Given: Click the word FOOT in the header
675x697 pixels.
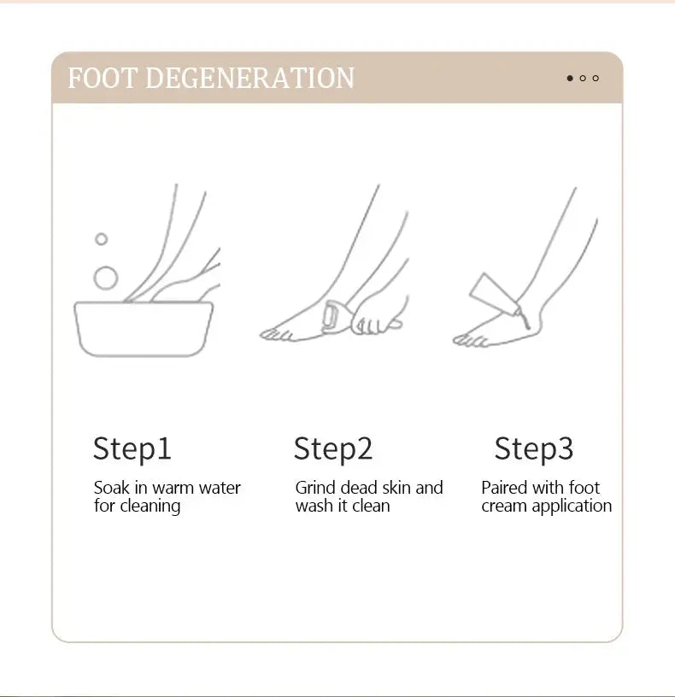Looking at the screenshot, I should pos(103,78).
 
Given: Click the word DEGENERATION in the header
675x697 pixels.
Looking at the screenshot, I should pos(249,78).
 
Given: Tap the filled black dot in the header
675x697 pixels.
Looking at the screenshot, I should pos(570,79).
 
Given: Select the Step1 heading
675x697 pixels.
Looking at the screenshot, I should pos(132,448).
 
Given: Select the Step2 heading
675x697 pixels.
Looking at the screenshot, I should pos(333,448).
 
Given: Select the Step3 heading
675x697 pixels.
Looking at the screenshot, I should pos(534,448).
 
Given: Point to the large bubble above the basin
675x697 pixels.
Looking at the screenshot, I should pos(106,278).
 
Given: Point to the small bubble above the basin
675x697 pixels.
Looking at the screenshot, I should pos(101,239).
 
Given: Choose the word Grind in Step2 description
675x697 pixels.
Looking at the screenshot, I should pos(315,488).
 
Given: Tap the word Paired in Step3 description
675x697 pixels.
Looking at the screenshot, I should pos(504,488).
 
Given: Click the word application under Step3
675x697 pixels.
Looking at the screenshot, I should pos(572,507).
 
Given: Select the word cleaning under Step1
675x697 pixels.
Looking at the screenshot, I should pos(150,507).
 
